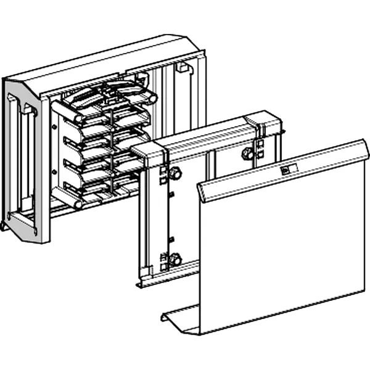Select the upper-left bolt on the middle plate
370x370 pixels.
175,174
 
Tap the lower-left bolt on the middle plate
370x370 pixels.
175,260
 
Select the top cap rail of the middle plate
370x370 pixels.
203,139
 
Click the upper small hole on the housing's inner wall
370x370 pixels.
55,127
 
